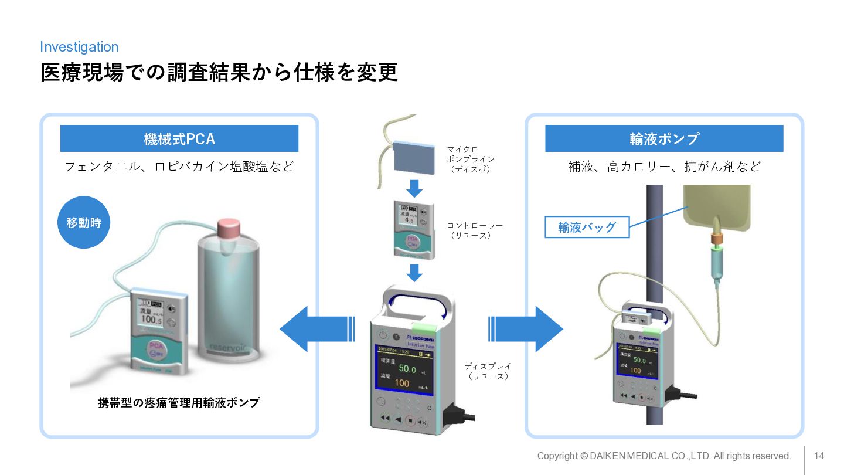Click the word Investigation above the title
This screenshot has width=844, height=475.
click(x=79, y=47)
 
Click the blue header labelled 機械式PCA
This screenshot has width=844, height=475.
click(x=179, y=139)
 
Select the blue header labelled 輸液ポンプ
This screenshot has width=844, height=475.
click(x=664, y=139)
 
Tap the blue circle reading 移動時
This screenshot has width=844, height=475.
click(x=84, y=223)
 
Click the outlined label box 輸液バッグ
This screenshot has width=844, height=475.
click(x=587, y=227)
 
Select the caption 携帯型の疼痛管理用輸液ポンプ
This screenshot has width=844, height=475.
click(x=179, y=403)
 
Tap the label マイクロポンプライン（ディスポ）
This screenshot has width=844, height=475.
click(x=470, y=159)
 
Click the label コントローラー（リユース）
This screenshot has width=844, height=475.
click(x=475, y=230)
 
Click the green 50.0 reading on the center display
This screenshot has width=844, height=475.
click(x=407, y=369)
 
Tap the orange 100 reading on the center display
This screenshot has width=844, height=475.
click(x=402, y=384)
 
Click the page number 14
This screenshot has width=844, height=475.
click(x=819, y=456)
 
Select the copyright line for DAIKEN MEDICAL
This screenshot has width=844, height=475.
click(x=664, y=456)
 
